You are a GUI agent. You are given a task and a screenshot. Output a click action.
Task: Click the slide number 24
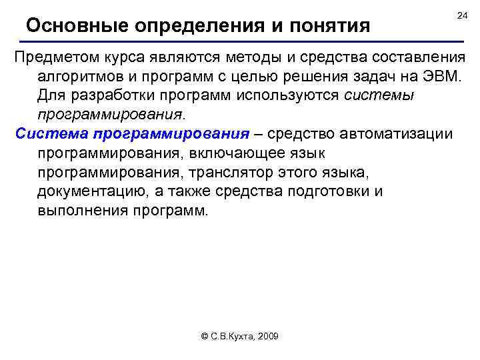point(462,15)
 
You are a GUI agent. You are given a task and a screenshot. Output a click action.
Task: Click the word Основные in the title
point(77,26)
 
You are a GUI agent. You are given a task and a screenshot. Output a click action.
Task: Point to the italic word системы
point(380,95)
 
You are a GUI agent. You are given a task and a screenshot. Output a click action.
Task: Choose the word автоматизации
point(398,133)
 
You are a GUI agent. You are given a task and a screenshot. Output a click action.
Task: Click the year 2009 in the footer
point(266,337)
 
